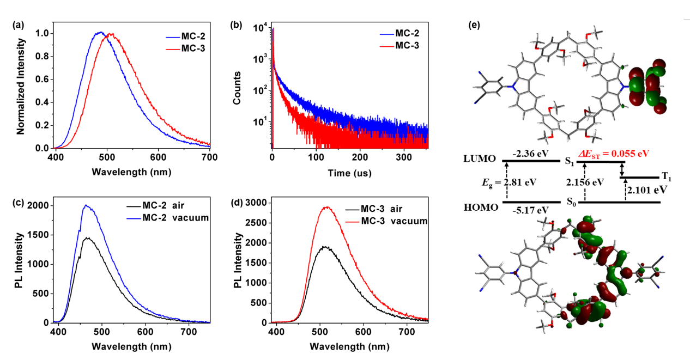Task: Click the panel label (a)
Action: point(19,25)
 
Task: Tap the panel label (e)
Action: point(476,25)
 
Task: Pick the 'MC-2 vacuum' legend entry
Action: point(168,217)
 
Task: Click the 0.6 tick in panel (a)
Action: point(44,80)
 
